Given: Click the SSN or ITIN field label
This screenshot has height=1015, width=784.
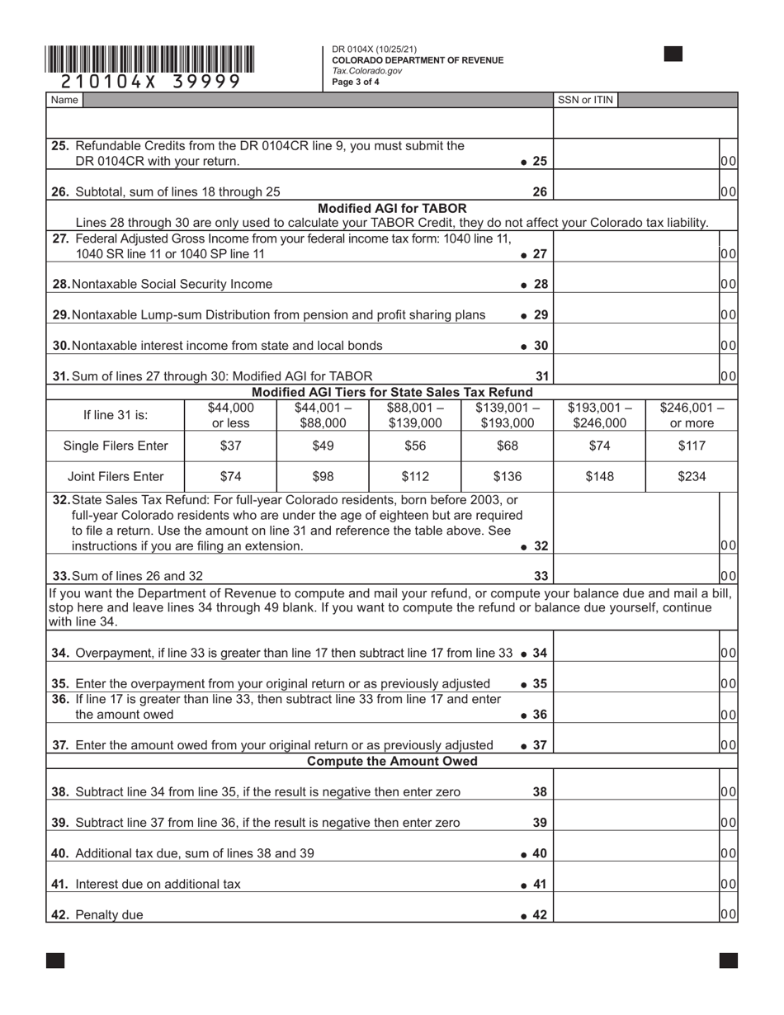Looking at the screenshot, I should [585, 100].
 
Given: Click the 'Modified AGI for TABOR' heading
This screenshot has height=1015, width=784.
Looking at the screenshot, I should [392, 208].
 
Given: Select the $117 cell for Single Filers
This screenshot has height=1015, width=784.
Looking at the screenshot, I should [692, 446].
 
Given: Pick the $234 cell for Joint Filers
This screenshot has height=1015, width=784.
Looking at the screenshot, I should [692, 476].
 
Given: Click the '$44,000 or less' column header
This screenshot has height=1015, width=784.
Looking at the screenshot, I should [231, 415].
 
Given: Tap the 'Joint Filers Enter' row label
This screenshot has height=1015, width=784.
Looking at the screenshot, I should [116, 476].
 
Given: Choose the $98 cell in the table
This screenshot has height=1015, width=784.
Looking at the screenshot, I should [323, 476].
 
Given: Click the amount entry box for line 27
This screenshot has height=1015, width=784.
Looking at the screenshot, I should [635, 253].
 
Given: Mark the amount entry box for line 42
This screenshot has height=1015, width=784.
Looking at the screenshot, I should [635, 913].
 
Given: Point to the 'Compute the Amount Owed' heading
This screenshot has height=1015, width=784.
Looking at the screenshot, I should [392, 761].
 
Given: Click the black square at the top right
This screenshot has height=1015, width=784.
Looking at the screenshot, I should [673, 54].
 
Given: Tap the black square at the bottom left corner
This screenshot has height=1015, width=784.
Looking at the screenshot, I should [55, 960].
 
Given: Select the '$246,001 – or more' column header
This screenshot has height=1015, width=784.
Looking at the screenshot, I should [692, 415].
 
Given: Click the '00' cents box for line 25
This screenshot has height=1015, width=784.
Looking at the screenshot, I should [728, 161].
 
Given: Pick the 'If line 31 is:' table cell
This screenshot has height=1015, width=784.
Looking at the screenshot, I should [116, 415].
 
